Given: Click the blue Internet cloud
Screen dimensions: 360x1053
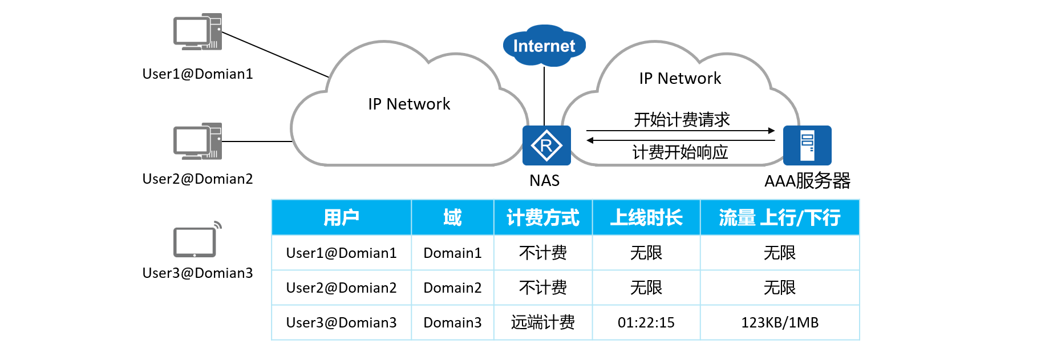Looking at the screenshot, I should [544, 46].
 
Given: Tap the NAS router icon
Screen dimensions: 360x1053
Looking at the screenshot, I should [546, 145].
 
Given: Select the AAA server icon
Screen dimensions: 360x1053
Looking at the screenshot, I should [807, 145].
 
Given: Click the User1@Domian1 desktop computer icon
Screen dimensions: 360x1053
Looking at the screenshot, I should [197, 32].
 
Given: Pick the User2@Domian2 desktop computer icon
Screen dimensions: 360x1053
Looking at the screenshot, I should [197, 141].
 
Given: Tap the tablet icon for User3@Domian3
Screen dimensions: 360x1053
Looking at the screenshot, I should [196, 241].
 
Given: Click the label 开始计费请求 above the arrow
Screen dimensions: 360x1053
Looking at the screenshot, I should [682, 120].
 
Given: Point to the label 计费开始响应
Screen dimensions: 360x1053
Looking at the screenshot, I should [681, 152].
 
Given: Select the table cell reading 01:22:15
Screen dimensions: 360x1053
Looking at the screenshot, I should [646, 323].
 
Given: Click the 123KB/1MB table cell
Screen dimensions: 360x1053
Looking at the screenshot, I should [780, 323].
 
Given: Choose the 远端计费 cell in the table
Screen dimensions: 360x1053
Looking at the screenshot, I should [543, 323].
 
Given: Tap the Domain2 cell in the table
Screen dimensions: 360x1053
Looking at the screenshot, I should [452, 288].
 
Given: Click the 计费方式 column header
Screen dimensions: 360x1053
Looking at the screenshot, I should [543, 217].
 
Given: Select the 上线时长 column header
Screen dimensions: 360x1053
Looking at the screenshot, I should [646, 217].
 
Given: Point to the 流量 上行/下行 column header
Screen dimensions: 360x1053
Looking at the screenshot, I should [780, 217].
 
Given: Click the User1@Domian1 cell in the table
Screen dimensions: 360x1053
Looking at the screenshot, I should [341, 253].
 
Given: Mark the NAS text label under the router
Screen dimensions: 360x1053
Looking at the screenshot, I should [544, 181].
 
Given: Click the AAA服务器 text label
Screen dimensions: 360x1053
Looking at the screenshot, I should [807, 181].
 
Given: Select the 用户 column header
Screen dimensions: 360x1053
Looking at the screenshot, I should [341, 217].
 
